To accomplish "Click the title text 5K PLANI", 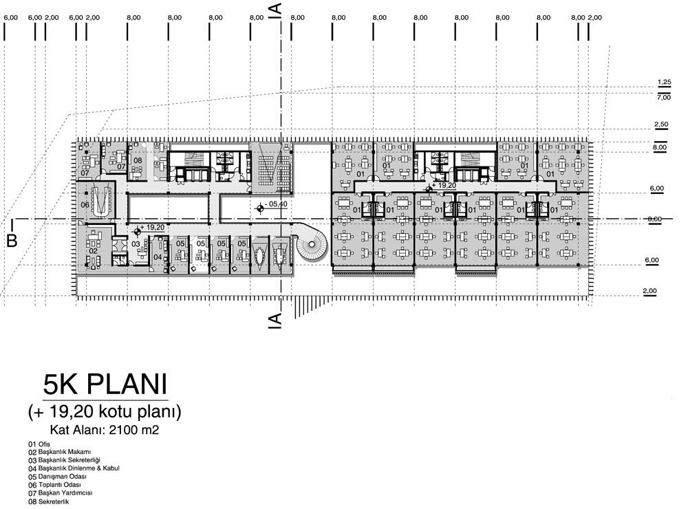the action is pyautogui.click(x=105, y=385).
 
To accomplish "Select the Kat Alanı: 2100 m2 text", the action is pyautogui.click(x=105, y=430).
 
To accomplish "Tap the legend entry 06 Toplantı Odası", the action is pyautogui.click(x=55, y=485).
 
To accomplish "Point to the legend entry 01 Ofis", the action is pyautogui.click(x=39, y=444).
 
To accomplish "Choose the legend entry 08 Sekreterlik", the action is pyautogui.click(x=49, y=501).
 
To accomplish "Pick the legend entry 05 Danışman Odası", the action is pyautogui.click(x=58, y=477).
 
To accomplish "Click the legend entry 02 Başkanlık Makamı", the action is pyautogui.click(x=60, y=452).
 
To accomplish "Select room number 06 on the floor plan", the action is pyautogui.click(x=85, y=205).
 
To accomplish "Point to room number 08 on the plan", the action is pyautogui.click(x=138, y=160).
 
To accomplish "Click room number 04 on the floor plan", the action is pyautogui.click(x=158, y=257).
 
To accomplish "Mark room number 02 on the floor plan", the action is pyautogui.click(x=93, y=251).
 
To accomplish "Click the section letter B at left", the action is pyautogui.click(x=12, y=241).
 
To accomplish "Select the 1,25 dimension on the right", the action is pyautogui.click(x=665, y=82).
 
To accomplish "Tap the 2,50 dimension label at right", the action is pyautogui.click(x=661, y=124).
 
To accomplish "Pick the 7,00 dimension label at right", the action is pyautogui.click(x=664, y=98).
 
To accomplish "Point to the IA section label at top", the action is pyautogui.click(x=276, y=10).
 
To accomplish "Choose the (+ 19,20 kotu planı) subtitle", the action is pyautogui.click(x=105, y=412).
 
